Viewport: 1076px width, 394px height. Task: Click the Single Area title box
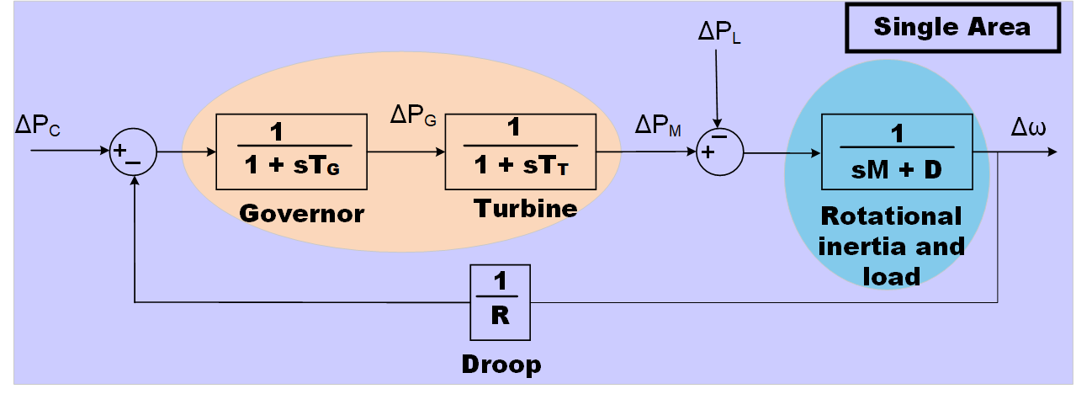point(951,28)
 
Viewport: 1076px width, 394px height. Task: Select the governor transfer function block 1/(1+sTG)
point(291,152)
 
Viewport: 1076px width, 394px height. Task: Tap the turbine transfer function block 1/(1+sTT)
point(520,152)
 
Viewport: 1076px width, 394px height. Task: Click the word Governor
point(302,213)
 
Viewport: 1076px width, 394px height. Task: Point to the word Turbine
point(526,208)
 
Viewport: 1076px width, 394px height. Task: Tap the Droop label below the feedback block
point(501,365)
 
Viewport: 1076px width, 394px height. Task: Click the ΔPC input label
point(38,126)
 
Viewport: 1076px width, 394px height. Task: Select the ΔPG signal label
point(413,115)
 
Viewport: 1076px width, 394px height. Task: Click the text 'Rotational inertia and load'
point(891,246)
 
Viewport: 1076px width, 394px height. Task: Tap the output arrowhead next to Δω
point(1051,152)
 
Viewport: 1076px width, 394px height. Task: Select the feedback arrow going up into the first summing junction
point(135,236)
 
